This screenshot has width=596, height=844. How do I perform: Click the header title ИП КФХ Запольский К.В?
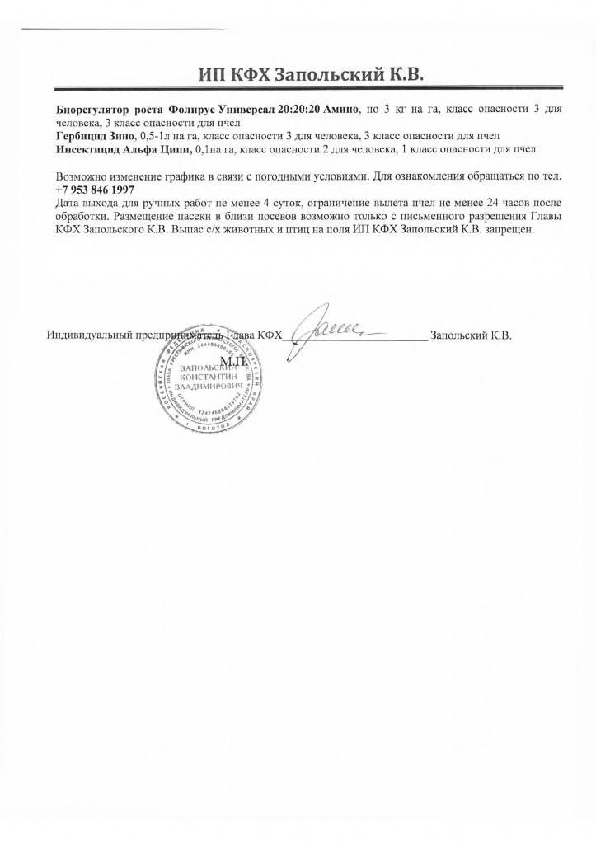pos(311,75)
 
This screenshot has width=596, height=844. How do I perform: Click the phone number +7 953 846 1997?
pos(95,190)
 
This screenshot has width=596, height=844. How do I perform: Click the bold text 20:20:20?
pos(299,110)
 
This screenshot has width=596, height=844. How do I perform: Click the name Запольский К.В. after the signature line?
pos(472,336)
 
